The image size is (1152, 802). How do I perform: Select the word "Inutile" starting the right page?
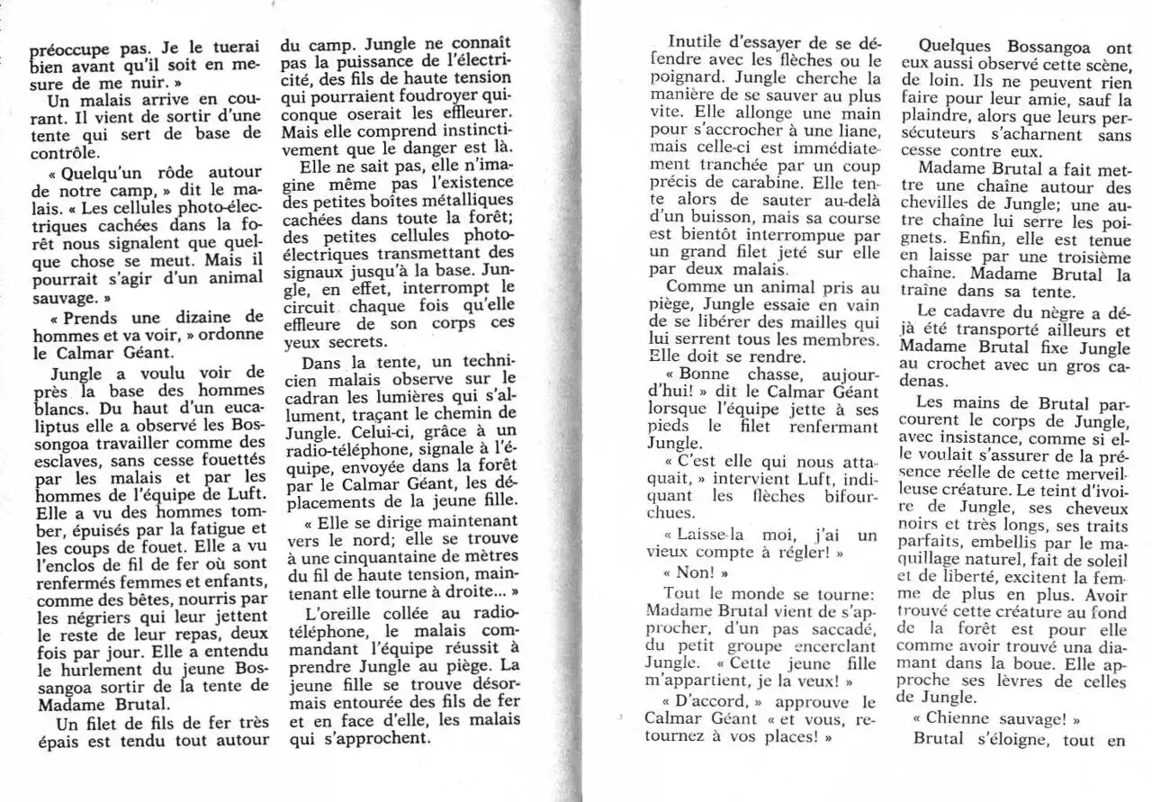pos(698,42)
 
